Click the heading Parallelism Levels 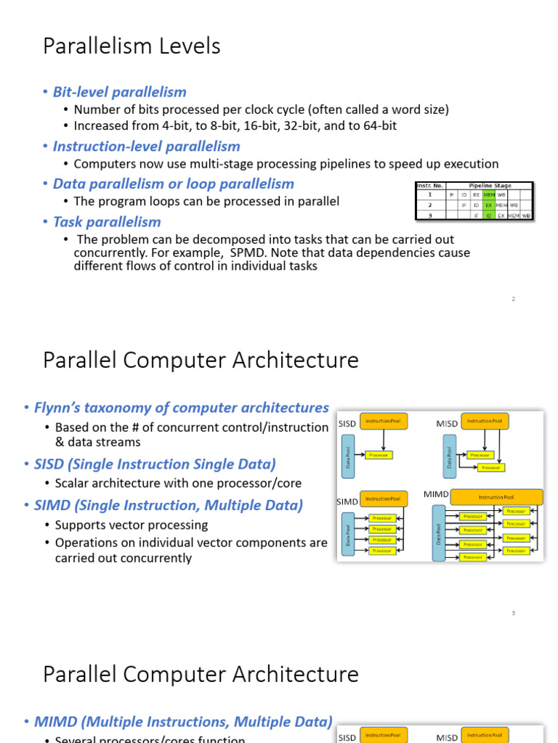(132, 46)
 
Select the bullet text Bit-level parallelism (119, 91)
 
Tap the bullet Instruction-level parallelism (146, 146)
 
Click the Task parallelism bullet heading (107, 221)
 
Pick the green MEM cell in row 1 (489, 194)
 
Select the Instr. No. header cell (429, 186)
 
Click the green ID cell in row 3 (489, 215)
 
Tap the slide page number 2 (513, 299)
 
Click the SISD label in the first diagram (347, 424)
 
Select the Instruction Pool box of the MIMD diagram (496, 497)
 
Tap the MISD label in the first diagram (447, 424)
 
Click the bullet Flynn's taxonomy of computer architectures (181, 408)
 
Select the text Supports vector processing (131, 525)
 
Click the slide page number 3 (513, 613)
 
